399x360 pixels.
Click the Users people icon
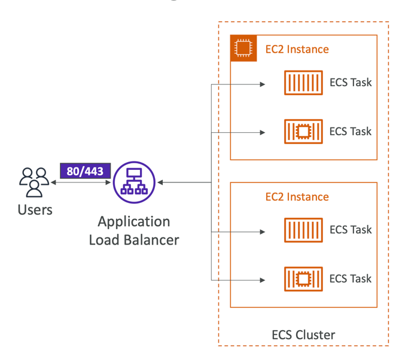(35, 182)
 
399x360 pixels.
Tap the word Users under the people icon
(35, 210)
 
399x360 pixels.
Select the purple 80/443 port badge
(85, 171)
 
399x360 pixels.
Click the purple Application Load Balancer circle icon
(134, 182)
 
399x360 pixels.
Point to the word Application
(134, 221)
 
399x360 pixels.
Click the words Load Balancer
(134, 240)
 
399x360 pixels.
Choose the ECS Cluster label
(303, 335)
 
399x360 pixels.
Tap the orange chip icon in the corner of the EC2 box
(243, 48)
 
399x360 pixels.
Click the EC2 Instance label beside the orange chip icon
(297, 49)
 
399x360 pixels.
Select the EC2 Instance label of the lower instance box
(297, 197)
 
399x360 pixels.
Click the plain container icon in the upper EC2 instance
(303, 83)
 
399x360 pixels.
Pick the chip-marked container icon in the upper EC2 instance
(303, 132)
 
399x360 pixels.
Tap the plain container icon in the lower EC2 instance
(303, 230)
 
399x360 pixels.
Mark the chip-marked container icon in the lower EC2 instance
(303, 279)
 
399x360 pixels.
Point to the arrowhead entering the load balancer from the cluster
(160, 182)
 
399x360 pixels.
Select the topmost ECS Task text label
(351, 83)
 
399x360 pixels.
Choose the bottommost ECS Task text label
(351, 279)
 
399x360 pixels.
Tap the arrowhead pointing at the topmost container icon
(262, 84)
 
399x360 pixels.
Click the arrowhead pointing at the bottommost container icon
(262, 279)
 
